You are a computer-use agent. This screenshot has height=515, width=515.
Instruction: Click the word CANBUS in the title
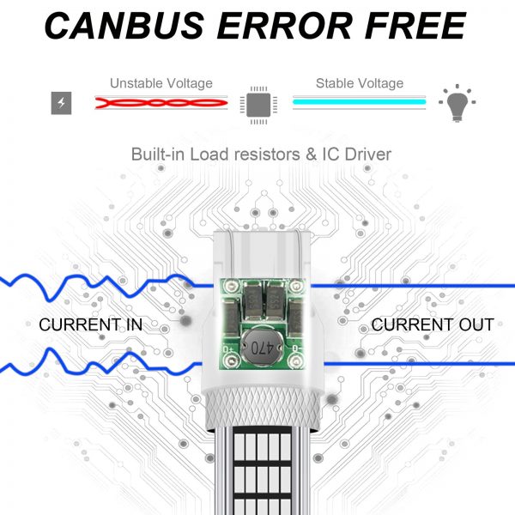coord(124,26)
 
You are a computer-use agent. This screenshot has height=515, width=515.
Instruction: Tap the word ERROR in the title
coord(284,26)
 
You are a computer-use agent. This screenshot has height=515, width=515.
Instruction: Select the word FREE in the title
coord(415,26)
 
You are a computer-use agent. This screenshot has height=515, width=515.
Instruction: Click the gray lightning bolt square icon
coord(62,103)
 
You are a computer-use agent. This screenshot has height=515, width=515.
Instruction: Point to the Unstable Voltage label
coord(161,83)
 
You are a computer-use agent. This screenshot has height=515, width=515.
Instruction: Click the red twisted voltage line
coord(161,103)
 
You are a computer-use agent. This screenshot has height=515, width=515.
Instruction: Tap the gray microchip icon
coord(258,105)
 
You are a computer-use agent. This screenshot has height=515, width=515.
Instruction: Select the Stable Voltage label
coord(360,83)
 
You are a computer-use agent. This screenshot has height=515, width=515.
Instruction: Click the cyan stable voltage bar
coord(360,102)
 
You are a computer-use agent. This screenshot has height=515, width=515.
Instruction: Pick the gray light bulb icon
coord(457,103)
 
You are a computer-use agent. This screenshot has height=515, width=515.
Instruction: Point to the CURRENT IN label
coord(91,324)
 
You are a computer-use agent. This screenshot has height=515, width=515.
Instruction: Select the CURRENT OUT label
coord(433,324)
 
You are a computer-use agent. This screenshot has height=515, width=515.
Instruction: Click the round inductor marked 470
coord(262,347)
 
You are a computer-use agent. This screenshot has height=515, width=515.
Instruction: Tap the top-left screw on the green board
coord(233,286)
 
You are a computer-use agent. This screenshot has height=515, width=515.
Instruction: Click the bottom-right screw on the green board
coord(295,361)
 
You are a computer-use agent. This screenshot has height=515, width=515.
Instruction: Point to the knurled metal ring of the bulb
coord(263,409)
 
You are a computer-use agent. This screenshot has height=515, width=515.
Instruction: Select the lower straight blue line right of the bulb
coord(420,364)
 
